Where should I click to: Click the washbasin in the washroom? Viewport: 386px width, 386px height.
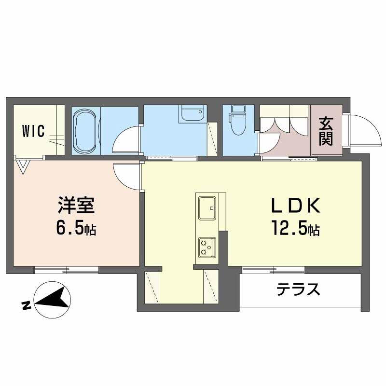tap(193, 115)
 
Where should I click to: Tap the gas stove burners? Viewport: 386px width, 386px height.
tap(207, 247)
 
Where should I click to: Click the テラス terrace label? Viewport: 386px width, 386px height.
tap(299, 289)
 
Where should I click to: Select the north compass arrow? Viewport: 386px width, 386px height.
tap(52, 298)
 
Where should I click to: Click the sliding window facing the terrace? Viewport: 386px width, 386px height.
tap(273, 269)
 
